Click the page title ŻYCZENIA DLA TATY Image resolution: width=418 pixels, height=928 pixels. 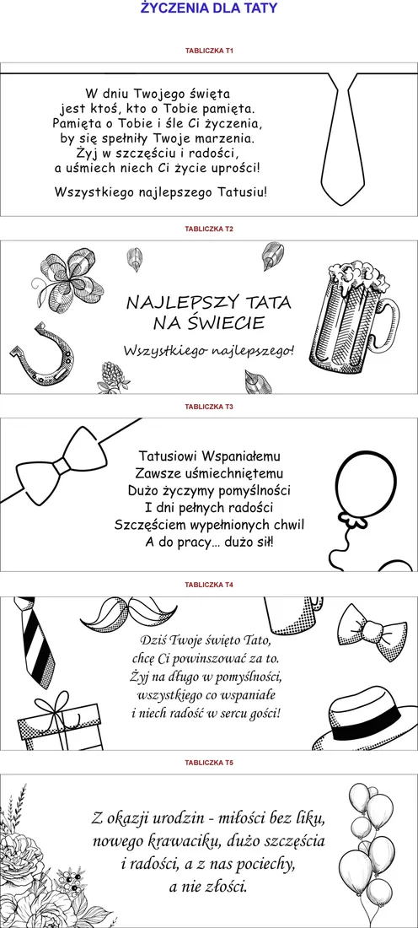pos(209,8)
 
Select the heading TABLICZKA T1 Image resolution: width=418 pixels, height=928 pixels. pos(209,51)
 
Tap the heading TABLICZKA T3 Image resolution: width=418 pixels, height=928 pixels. pos(209,407)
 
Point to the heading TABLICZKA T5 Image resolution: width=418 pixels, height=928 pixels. pos(209,763)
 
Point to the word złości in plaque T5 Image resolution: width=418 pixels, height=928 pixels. pos(226,887)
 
